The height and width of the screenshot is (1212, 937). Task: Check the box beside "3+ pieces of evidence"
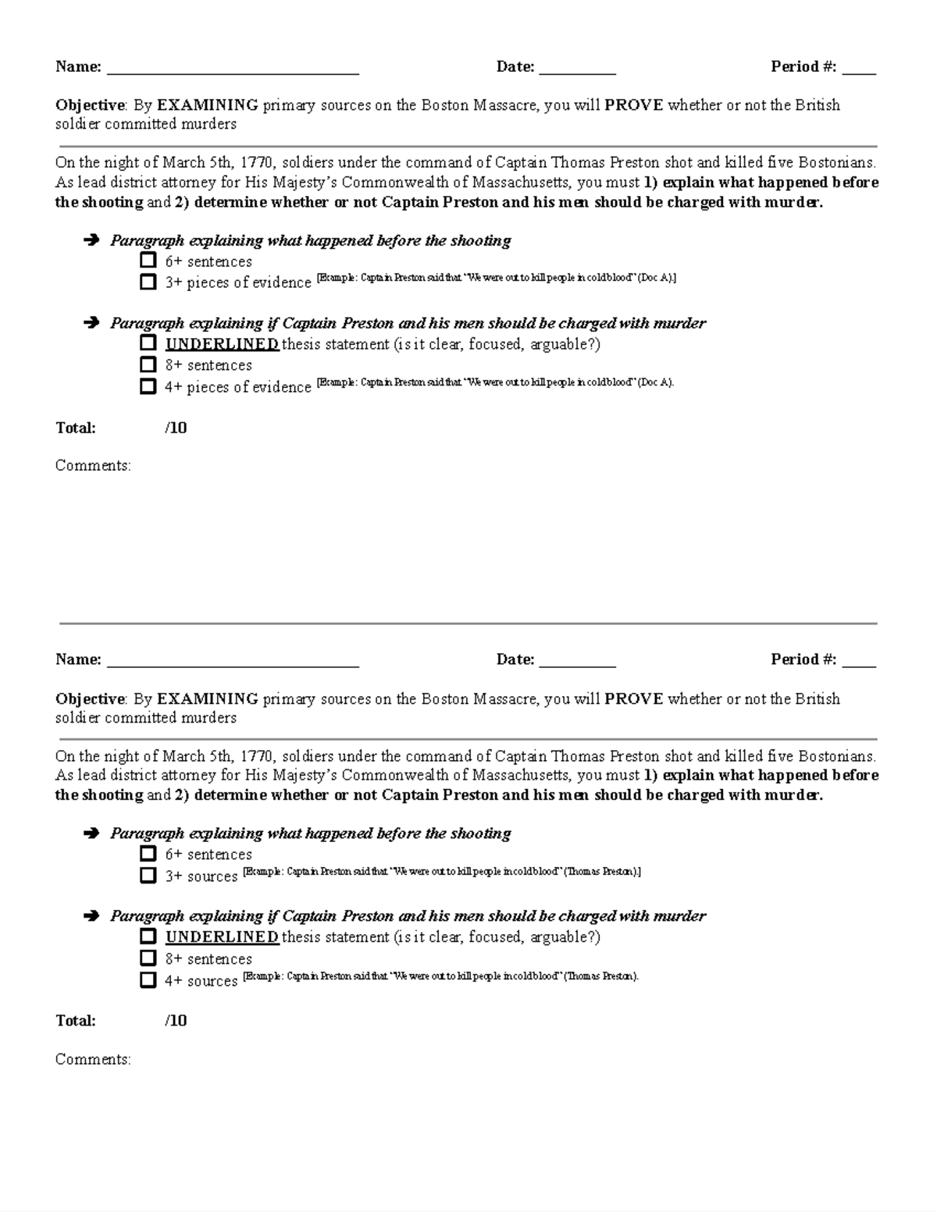pyautogui.click(x=148, y=282)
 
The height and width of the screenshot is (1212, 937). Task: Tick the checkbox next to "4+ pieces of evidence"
pyautogui.click(x=148, y=386)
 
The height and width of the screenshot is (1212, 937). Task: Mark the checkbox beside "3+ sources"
pyautogui.click(x=148, y=876)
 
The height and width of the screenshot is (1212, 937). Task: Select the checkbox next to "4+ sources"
pyautogui.click(x=148, y=980)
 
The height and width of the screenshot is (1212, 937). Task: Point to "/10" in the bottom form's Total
pyautogui.click(x=176, y=1021)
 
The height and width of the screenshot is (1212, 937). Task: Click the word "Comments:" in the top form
pyautogui.click(x=93, y=466)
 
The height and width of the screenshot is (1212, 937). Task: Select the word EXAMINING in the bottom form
pyautogui.click(x=208, y=698)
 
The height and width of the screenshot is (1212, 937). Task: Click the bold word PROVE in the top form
pyautogui.click(x=633, y=105)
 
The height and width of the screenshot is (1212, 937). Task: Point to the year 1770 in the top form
pyautogui.click(x=257, y=163)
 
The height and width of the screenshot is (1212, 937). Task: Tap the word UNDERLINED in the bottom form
pyautogui.click(x=222, y=937)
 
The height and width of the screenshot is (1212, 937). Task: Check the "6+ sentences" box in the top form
pyautogui.click(x=148, y=261)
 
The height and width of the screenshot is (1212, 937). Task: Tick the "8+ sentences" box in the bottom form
pyautogui.click(x=148, y=958)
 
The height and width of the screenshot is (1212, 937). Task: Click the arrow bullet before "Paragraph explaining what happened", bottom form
pyautogui.click(x=91, y=833)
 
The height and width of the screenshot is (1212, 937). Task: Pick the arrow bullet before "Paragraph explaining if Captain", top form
pyautogui.click(x=91, y=322)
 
